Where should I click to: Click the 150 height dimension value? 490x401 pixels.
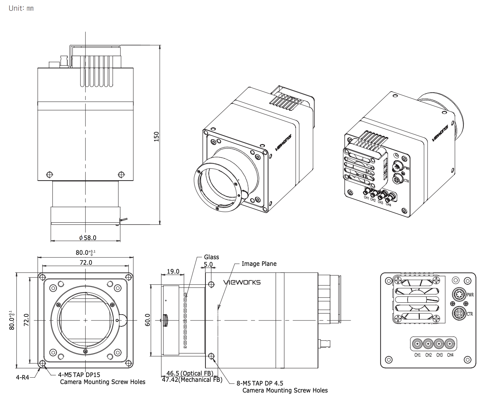156,136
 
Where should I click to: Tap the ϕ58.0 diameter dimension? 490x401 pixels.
88,238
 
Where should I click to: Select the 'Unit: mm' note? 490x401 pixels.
21,8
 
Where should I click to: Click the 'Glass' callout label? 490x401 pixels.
211,257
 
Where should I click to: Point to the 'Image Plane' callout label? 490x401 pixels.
259,264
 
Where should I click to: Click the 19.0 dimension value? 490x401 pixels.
173,271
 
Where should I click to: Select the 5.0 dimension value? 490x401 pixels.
208,264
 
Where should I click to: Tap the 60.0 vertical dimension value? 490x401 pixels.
148,320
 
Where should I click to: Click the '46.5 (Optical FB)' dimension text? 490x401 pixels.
190,373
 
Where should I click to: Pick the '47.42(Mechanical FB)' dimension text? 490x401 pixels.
192,380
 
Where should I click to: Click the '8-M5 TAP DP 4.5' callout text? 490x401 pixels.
260,383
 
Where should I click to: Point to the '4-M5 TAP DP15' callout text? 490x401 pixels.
79,375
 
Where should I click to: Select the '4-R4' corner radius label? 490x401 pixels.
22,377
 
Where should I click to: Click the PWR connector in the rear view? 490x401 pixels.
459,295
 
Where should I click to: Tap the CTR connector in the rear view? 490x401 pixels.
459,314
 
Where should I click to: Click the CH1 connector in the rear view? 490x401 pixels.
418,344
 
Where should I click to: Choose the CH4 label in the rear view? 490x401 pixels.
450,355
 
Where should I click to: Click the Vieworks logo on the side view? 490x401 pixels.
242,282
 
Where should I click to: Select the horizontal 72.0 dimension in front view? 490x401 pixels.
86,263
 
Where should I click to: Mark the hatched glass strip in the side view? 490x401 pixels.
185,321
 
